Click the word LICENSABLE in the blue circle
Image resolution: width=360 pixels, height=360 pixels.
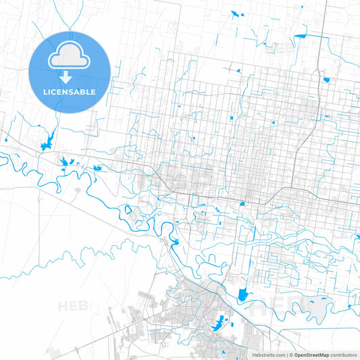click(x=70, y=91)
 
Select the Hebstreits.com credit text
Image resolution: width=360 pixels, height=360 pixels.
click(x=267, y=355)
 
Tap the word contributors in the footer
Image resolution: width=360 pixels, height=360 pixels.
click(x=344, y=355)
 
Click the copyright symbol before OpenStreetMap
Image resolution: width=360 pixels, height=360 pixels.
click(x=290, y=355)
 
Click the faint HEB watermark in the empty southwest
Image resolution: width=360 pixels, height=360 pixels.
click(x=73, y=307)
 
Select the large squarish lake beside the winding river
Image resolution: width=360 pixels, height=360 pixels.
click(x=243, y=294)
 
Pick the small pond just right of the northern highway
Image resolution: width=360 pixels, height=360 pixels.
click(x=326, y=80)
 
